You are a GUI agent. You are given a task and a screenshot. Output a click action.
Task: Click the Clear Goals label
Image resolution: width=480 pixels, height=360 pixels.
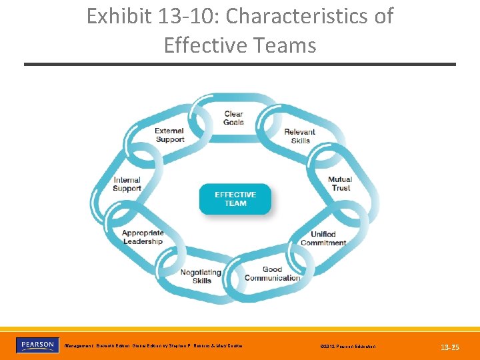[234, 118]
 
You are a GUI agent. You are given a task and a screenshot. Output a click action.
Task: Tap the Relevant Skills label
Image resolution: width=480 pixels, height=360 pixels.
[300, 136]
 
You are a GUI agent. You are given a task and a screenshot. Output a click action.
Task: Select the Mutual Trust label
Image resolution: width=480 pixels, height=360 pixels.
[340, 184]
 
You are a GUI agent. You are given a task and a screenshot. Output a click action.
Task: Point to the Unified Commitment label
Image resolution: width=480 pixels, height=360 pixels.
[323, 239]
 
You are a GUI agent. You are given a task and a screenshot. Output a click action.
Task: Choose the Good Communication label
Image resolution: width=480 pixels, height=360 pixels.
[272, 274]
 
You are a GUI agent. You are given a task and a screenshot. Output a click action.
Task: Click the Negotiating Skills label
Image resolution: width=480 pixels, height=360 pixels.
[201, 277]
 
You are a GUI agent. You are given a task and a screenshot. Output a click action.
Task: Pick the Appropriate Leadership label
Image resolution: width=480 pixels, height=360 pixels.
[143, 237]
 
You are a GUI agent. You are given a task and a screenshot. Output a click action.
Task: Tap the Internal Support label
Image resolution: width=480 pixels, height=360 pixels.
[127, 184]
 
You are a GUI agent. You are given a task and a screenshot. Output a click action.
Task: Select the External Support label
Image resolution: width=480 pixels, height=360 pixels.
[169, 135]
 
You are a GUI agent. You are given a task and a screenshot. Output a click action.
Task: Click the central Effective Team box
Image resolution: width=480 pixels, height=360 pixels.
[235, 199]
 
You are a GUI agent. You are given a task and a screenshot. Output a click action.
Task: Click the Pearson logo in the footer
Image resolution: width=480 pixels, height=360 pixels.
[37, 345]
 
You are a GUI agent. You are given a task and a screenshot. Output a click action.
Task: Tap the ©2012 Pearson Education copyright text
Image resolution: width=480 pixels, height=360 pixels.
[347, 347]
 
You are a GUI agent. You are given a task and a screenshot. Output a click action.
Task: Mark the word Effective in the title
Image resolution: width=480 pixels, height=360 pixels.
[204, 45]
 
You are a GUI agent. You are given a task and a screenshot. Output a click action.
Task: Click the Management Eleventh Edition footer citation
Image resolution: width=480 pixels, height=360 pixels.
[153, 346]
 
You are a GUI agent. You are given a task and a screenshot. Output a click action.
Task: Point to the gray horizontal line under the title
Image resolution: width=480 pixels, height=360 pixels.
[240, 64]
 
